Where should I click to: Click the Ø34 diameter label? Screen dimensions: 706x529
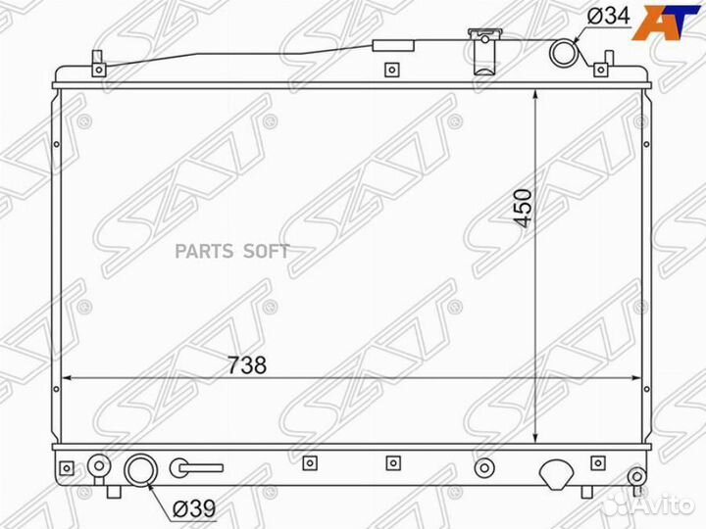(x=609, y=17)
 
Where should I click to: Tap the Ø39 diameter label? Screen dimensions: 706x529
(x=194, y=508)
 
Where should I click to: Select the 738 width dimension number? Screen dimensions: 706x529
(x=247, y=364)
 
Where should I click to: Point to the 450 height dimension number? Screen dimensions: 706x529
(x=523, y=209)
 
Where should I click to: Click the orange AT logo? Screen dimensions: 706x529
(x=668, y=22)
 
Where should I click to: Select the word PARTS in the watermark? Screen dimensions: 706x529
(x=204, y=252)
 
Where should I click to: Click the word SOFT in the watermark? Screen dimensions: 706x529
(x=267, y=252)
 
